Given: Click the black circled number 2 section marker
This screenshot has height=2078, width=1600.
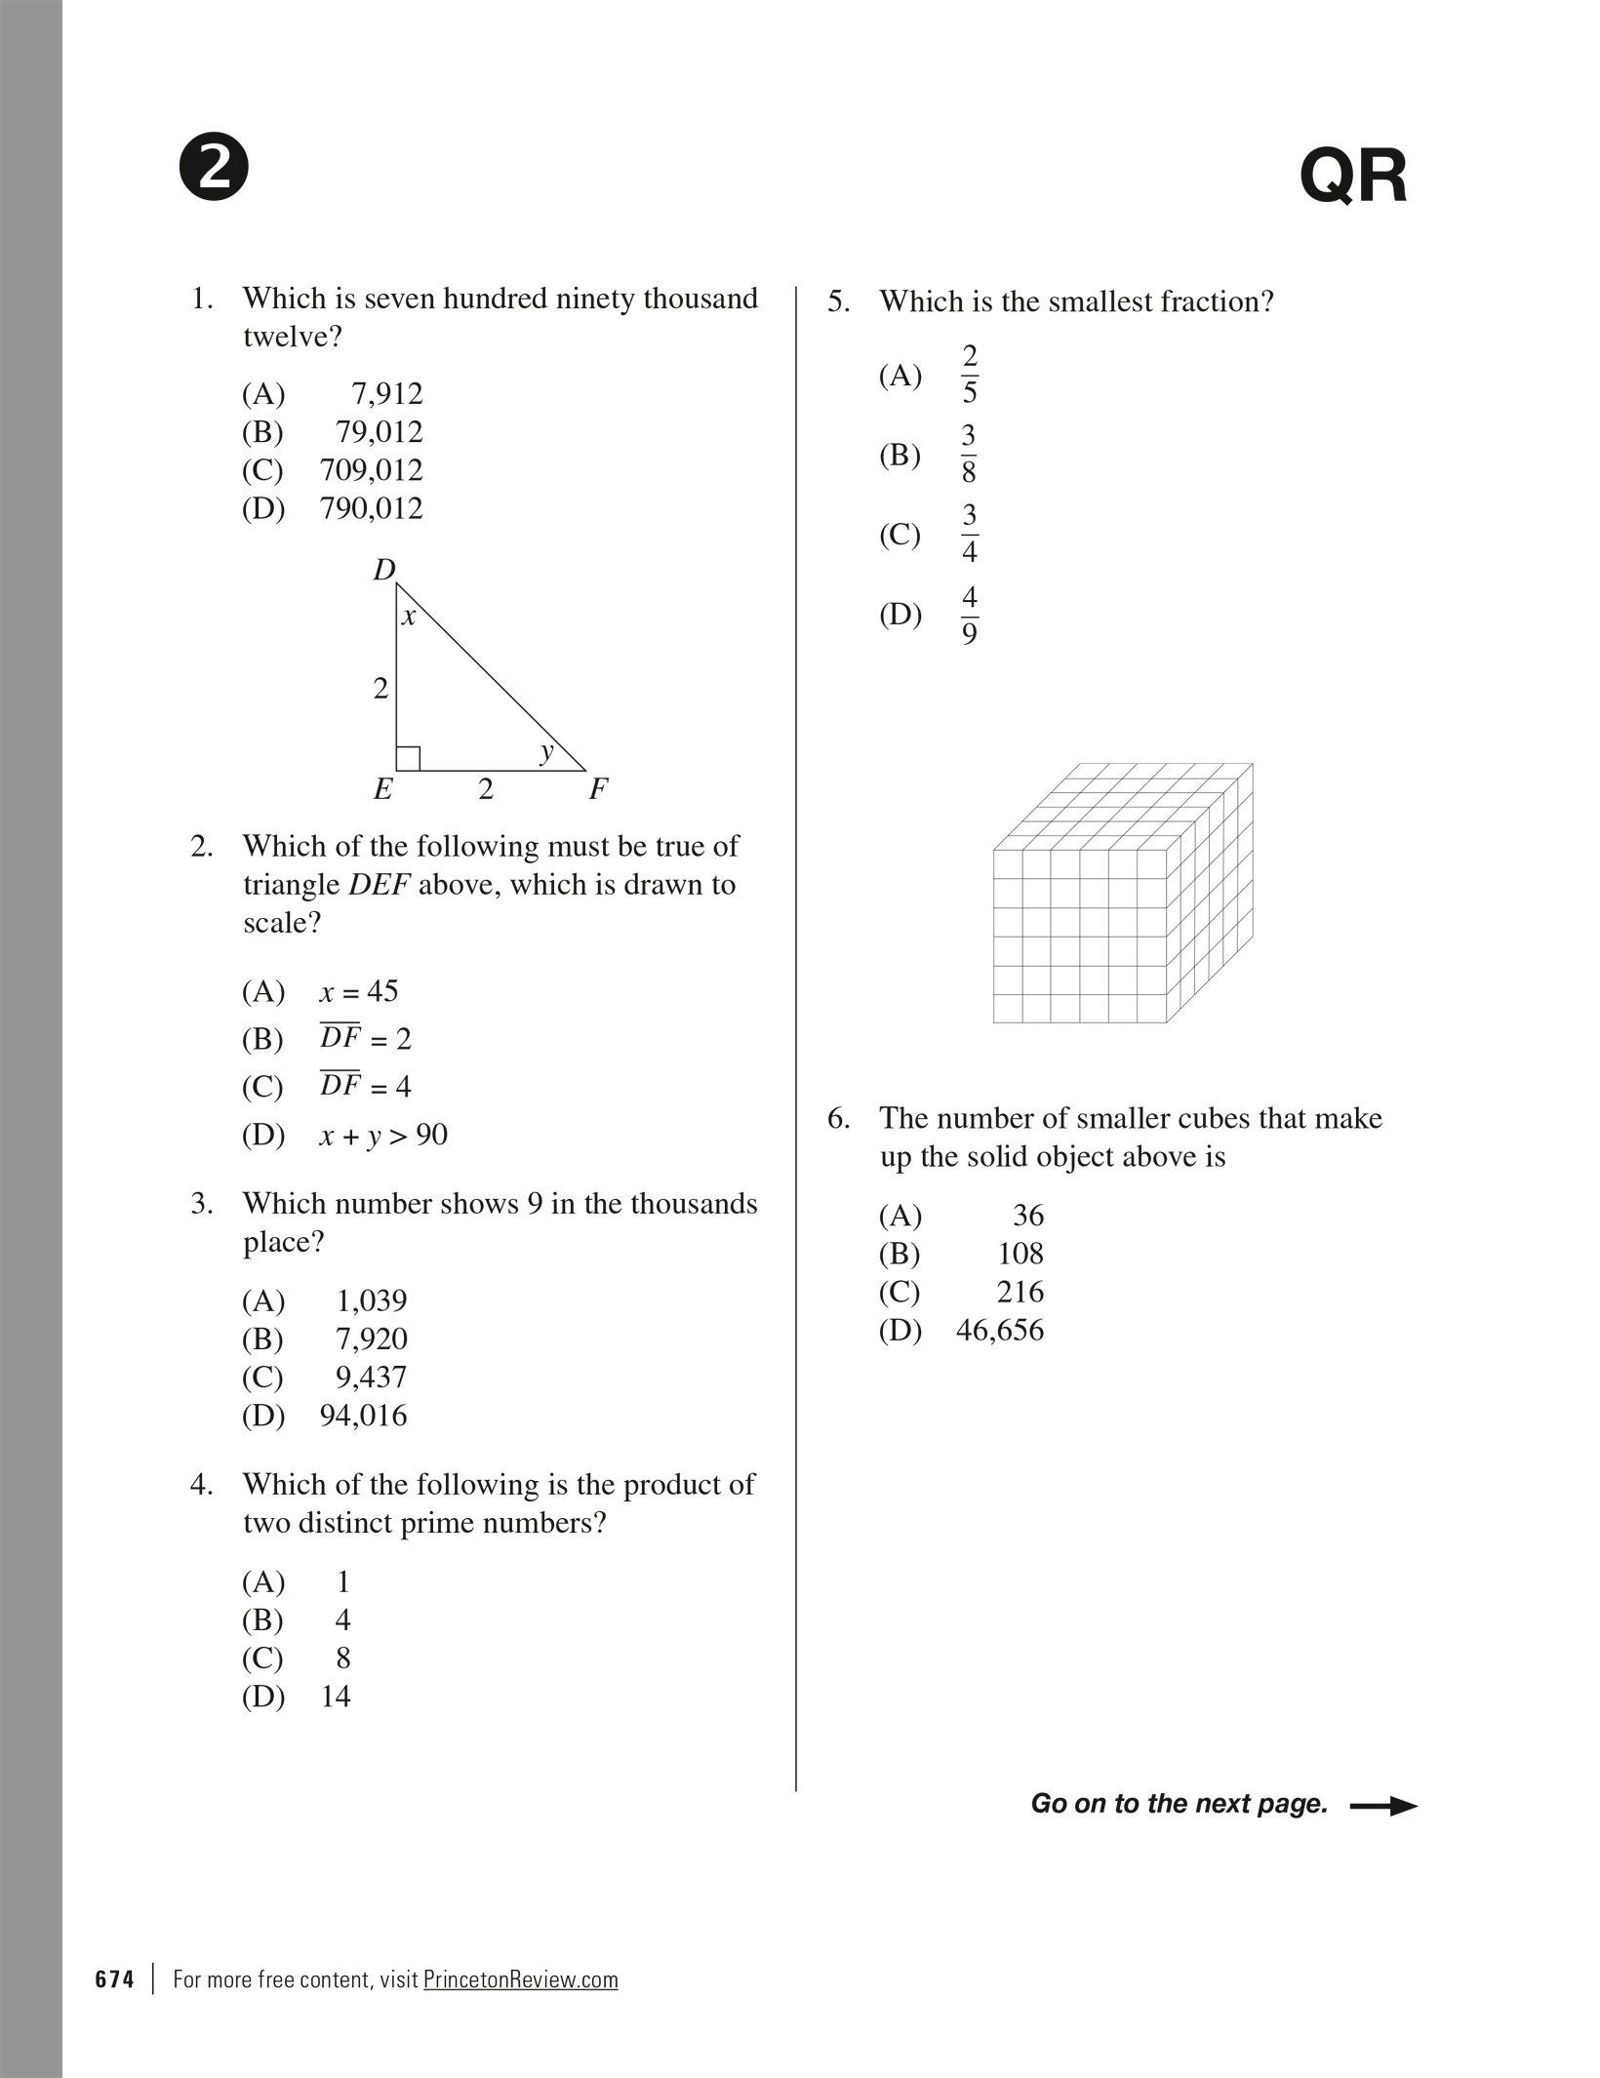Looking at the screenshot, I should pos(214,167).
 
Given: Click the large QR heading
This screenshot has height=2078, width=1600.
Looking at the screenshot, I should pos(1353,177).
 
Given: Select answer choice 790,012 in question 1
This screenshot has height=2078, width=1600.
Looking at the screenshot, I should pos(371,508).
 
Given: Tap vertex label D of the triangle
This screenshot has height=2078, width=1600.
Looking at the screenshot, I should pos(384,570).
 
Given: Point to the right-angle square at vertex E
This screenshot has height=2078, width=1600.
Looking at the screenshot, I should pos(408,758).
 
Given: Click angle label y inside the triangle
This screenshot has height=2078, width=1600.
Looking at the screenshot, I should pos(546,750).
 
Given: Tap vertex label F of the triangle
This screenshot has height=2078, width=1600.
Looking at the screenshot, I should pos(598,788).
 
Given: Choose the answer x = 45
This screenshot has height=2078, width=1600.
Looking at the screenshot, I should pos(358,991).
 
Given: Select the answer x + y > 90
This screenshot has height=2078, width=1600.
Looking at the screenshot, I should pos(382,1135).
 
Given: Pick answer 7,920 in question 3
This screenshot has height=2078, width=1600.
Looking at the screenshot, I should pos(371,1339).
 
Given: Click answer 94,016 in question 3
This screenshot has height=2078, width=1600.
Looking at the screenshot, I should pos(363,1416).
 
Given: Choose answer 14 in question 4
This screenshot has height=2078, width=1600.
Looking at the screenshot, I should pos(335,1697).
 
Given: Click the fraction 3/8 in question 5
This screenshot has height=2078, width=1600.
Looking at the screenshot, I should pos(969,455).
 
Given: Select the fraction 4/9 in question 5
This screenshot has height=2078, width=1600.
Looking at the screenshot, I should pos(969,615).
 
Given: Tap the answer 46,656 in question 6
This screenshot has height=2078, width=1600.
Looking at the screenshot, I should pos(999,1330).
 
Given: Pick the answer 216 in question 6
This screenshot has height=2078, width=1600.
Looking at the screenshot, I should pos(1020,1292).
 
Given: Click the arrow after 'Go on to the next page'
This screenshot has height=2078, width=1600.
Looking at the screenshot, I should pos(1382,1806).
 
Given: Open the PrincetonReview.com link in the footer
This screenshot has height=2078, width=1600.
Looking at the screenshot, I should pos(520,1979).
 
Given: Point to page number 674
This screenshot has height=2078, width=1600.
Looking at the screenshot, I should pos(114,1979).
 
